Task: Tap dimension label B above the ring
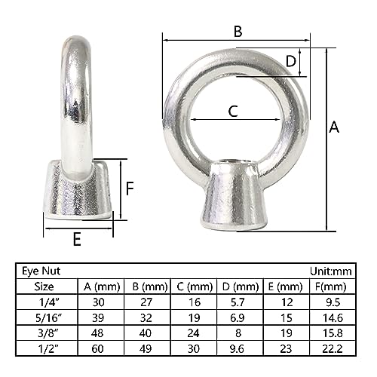click(238, 32)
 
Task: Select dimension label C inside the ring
click(233, 112)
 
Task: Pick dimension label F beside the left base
click(130, 188)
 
